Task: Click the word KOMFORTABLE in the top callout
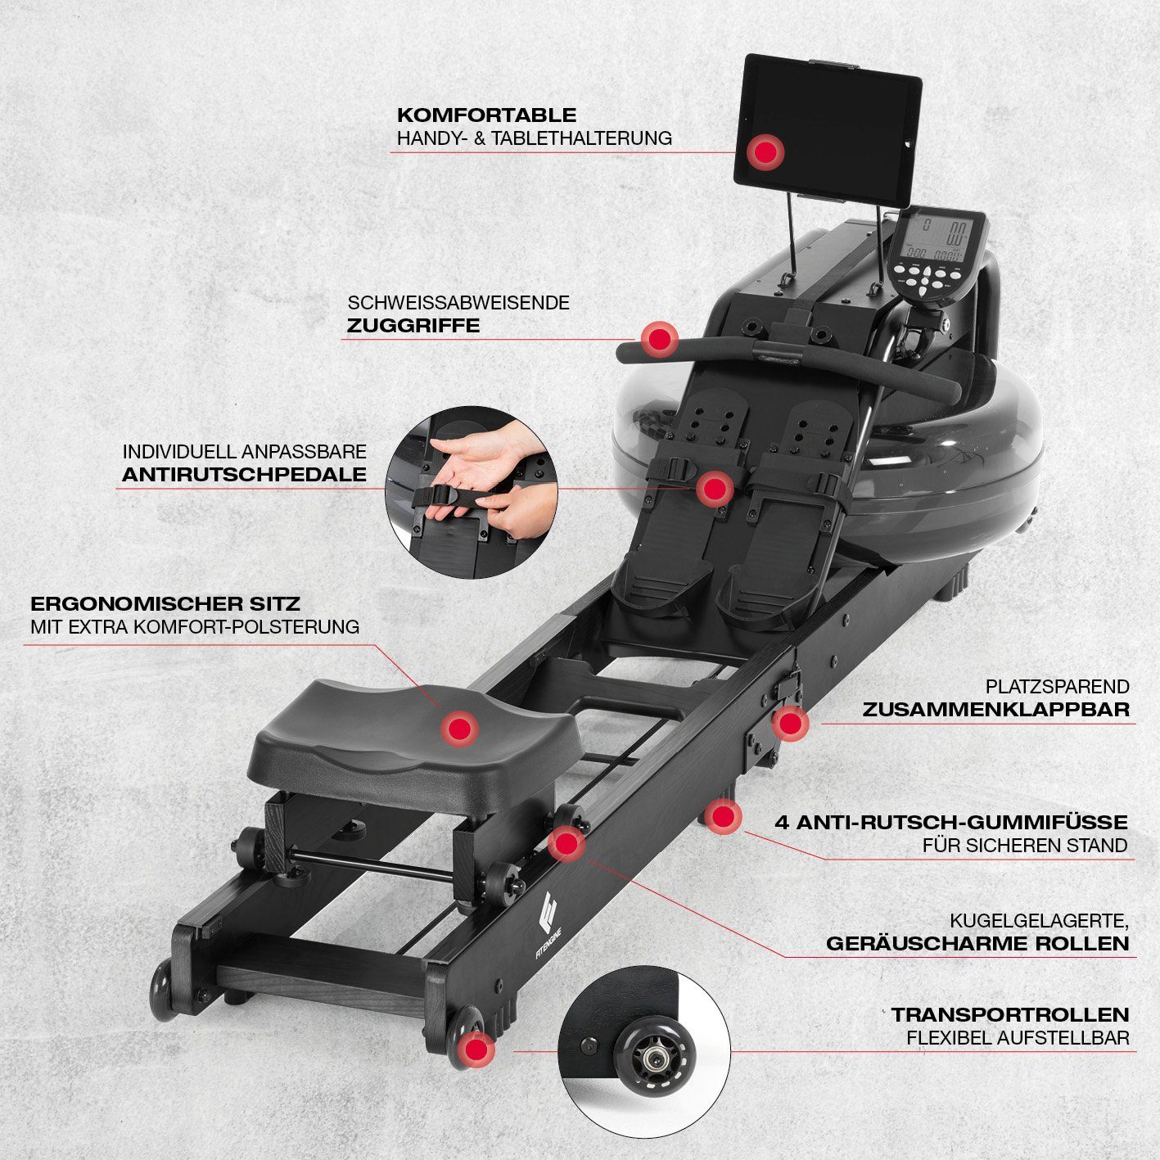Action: click(486, 115)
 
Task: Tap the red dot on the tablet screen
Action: click(765, 151)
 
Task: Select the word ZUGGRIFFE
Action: click(413, 326)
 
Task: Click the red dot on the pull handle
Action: click(660, 340)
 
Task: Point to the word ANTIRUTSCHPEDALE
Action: click(245, 474)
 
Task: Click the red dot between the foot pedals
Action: click(715, 488)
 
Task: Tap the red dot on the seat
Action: click(458, 729)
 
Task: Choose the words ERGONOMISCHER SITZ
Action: click(165, 603)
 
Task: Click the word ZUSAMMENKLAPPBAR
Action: click(996, 709)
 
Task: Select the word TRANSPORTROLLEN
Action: click(1010, 1014)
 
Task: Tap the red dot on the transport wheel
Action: click(476, 1050)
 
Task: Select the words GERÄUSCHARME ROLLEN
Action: click(977, 943)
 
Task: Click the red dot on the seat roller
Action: click(566, 843)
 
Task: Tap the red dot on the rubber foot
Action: click(722, 817)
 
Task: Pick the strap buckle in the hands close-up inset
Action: click(445, 495)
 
